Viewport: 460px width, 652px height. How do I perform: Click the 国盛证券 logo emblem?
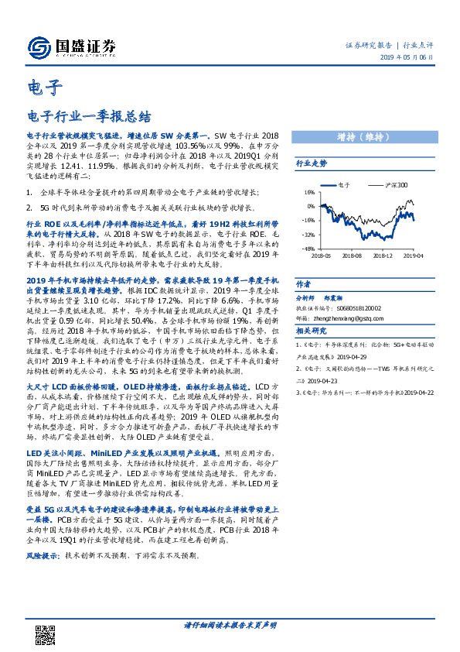pyautogui.click(x=39, y=46)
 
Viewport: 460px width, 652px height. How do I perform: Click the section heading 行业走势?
pyautogui.click(x=311, y=163)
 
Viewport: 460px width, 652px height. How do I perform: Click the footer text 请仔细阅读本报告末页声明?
pyautogui.click(x=230, y=624)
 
